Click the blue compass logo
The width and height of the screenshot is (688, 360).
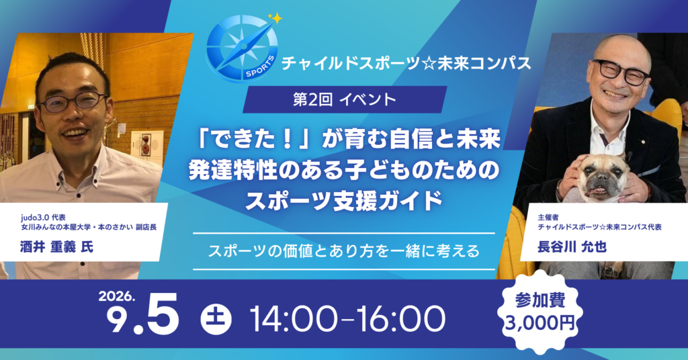[242, 48]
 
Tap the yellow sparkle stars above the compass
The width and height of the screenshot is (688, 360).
[275, 18]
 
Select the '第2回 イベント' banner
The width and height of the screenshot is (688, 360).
[345, 99]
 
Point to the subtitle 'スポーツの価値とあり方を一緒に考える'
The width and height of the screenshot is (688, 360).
[344, 251]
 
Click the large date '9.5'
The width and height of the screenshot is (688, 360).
[143, 315]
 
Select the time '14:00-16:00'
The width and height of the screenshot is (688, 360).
[347, 319]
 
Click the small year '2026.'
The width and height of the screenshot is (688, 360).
[116, 296]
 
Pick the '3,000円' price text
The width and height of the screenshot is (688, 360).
[540, 323]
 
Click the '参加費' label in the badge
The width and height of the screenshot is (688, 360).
[540, 300]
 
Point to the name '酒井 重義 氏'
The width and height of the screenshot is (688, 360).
[56, 247]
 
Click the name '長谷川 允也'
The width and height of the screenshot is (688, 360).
[572, 247]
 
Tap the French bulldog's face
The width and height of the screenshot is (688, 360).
[600, 177]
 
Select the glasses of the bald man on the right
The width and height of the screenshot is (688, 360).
[621, 71]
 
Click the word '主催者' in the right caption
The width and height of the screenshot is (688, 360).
[548, 218]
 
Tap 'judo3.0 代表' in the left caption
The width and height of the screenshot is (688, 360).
[43, 218]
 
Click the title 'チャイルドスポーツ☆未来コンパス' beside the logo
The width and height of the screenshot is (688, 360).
[406, 64]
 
